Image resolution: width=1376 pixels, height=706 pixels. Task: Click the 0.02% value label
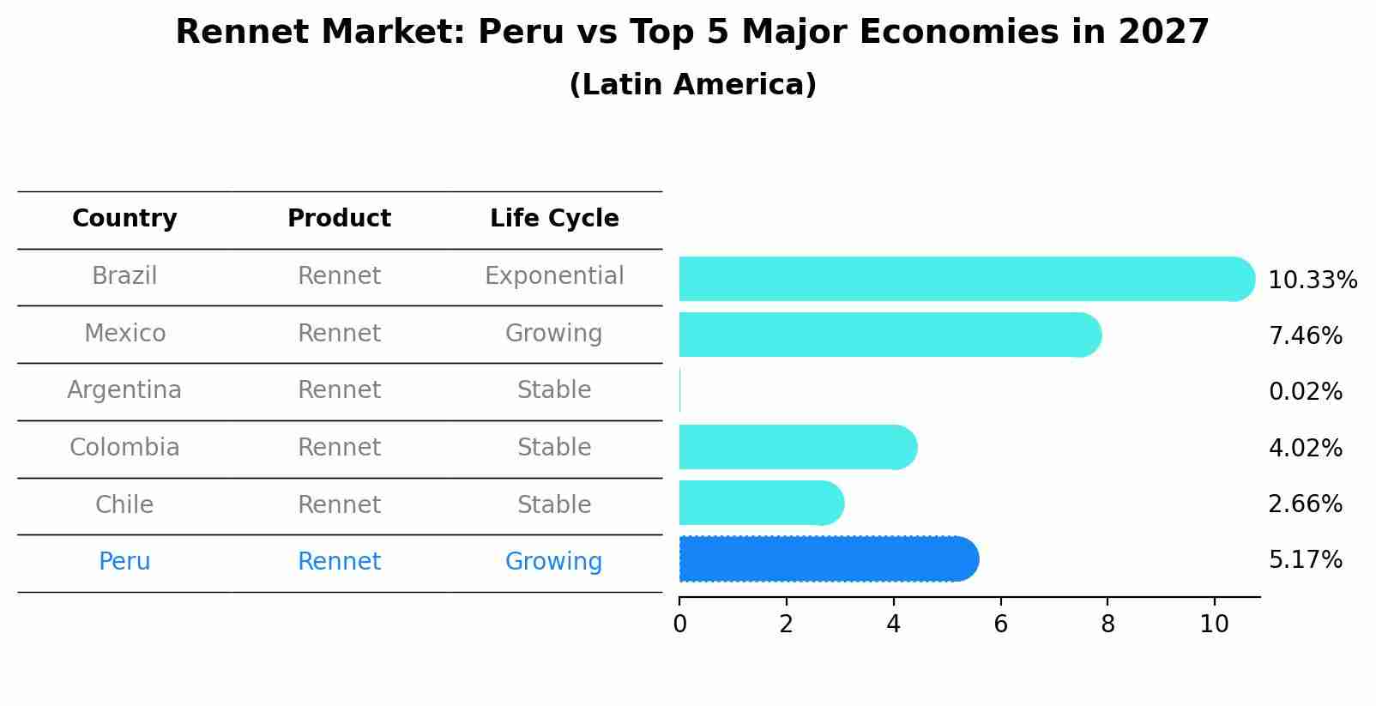coord(1305,392)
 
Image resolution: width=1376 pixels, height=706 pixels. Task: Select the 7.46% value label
coord(1305,335)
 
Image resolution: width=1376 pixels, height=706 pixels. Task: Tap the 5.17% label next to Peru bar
coord(1305,560)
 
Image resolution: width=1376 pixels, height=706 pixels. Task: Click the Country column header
coord(124,219)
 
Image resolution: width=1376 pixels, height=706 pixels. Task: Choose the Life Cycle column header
coord(554,219)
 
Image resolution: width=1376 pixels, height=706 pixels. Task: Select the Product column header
coord(339,219)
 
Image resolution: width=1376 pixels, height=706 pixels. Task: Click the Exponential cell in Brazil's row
coord(554,276)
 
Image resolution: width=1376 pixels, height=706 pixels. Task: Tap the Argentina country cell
coord(124,390)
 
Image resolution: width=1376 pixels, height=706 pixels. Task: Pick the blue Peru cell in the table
coord(124,562)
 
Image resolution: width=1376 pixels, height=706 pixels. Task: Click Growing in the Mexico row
coord(553,333)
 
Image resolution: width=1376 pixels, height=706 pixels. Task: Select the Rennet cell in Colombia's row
coord(339,448)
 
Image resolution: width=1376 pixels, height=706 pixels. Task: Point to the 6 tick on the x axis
coord(1000,625)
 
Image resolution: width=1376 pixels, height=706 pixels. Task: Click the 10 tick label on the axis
coord(1214,625)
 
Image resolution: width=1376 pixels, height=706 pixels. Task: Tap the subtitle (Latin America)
coord(692,85)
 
